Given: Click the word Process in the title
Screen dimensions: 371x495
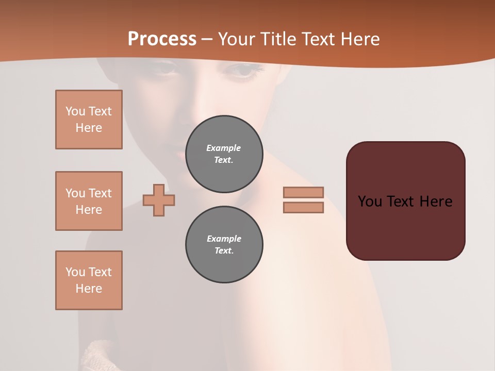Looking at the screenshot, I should point(162,39).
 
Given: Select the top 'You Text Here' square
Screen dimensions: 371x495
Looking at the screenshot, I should point(89,120).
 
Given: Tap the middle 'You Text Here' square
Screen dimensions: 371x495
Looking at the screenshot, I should point(89,201).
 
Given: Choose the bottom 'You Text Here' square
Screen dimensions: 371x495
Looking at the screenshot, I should point(89,280).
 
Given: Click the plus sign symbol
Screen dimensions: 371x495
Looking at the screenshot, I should point(159,200).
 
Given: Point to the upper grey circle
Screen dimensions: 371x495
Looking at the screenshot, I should point(224,154).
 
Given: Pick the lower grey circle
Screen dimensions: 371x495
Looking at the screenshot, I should point(224,244).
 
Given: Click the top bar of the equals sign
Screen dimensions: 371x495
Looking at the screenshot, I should point(303,192).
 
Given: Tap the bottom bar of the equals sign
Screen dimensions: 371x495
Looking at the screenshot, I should point(303,207).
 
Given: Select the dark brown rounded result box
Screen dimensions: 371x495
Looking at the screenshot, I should point(405,227).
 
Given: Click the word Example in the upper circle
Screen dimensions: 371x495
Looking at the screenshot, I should point(224,148).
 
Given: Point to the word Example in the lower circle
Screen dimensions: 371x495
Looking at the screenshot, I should point(224,239).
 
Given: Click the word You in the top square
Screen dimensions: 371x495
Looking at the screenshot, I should point(75,111).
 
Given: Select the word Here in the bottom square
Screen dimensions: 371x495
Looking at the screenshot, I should point(89,289).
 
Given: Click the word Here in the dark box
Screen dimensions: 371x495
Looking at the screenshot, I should point(436,201).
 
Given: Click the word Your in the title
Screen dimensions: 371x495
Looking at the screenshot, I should point(236,39).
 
